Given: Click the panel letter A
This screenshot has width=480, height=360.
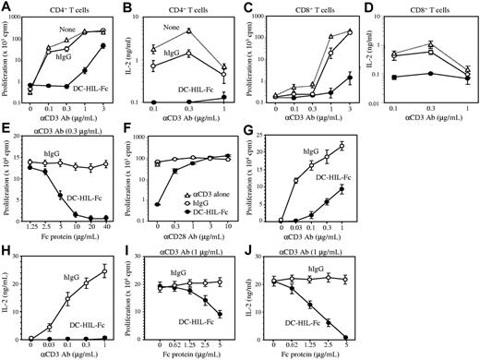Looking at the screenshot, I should (x=6, y=7).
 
